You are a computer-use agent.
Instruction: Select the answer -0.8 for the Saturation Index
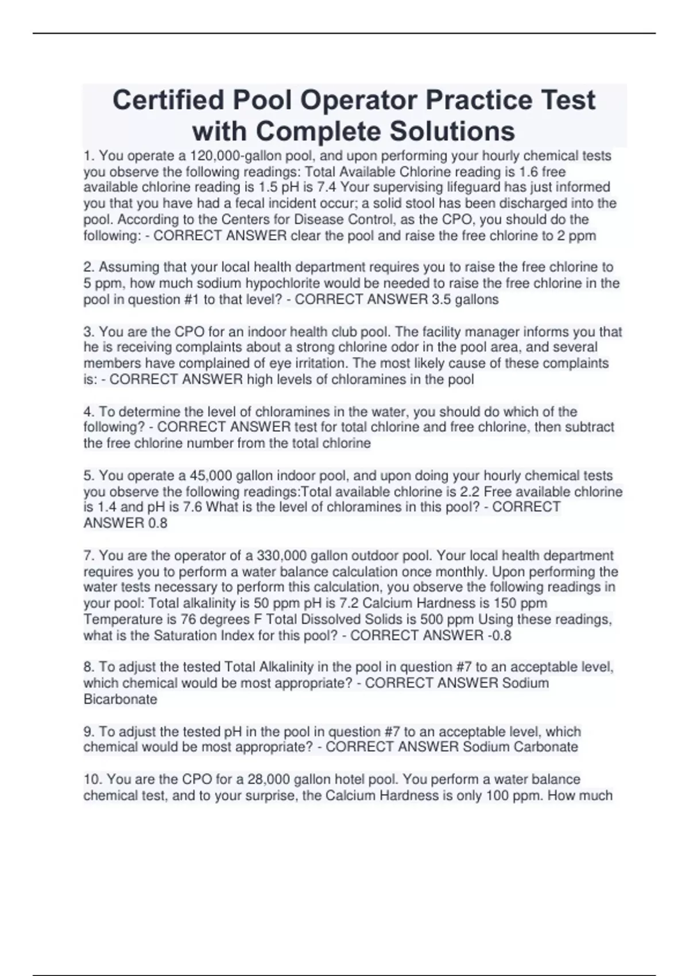[x=499, y=636]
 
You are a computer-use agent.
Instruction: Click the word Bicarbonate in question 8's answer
[x=120, y=699]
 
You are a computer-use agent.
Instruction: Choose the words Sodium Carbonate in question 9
[x=520, y=747]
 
